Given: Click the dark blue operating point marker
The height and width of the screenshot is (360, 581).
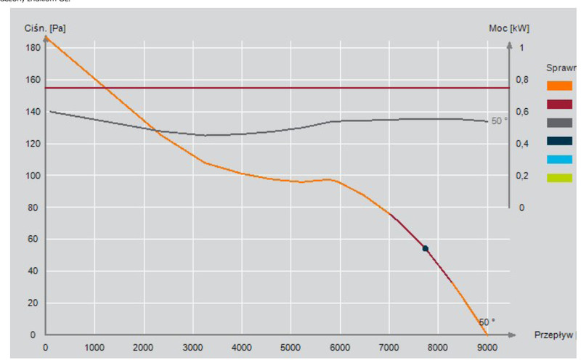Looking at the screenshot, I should (x=426, y=249).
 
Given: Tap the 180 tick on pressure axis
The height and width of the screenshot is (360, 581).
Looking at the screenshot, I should (x=33, y=48).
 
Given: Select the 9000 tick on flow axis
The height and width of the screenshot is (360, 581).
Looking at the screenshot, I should (x=487, y=346).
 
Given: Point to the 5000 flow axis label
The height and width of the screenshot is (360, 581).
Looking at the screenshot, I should (x=290, y=346).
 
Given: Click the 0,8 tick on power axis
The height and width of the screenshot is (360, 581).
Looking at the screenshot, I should (x=523, y=80).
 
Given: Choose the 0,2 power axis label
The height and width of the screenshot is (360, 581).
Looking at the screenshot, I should (x=523, y=176).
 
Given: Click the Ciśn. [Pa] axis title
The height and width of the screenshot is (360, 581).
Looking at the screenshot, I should (x=54, y=29).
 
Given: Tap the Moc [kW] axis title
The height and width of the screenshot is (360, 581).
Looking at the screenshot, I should (x=510, y=29).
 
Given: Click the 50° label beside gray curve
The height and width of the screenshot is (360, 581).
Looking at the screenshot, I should (x=500, y=121).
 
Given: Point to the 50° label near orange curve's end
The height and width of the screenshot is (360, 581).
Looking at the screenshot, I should (x=487, y=322).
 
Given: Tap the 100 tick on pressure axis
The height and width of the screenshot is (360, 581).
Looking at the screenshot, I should (x=33, y=176).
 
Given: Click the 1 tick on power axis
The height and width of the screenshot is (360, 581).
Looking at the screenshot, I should (x=521, y=48).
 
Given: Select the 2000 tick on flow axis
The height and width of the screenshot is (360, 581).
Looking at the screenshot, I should (x=144, y=346).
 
